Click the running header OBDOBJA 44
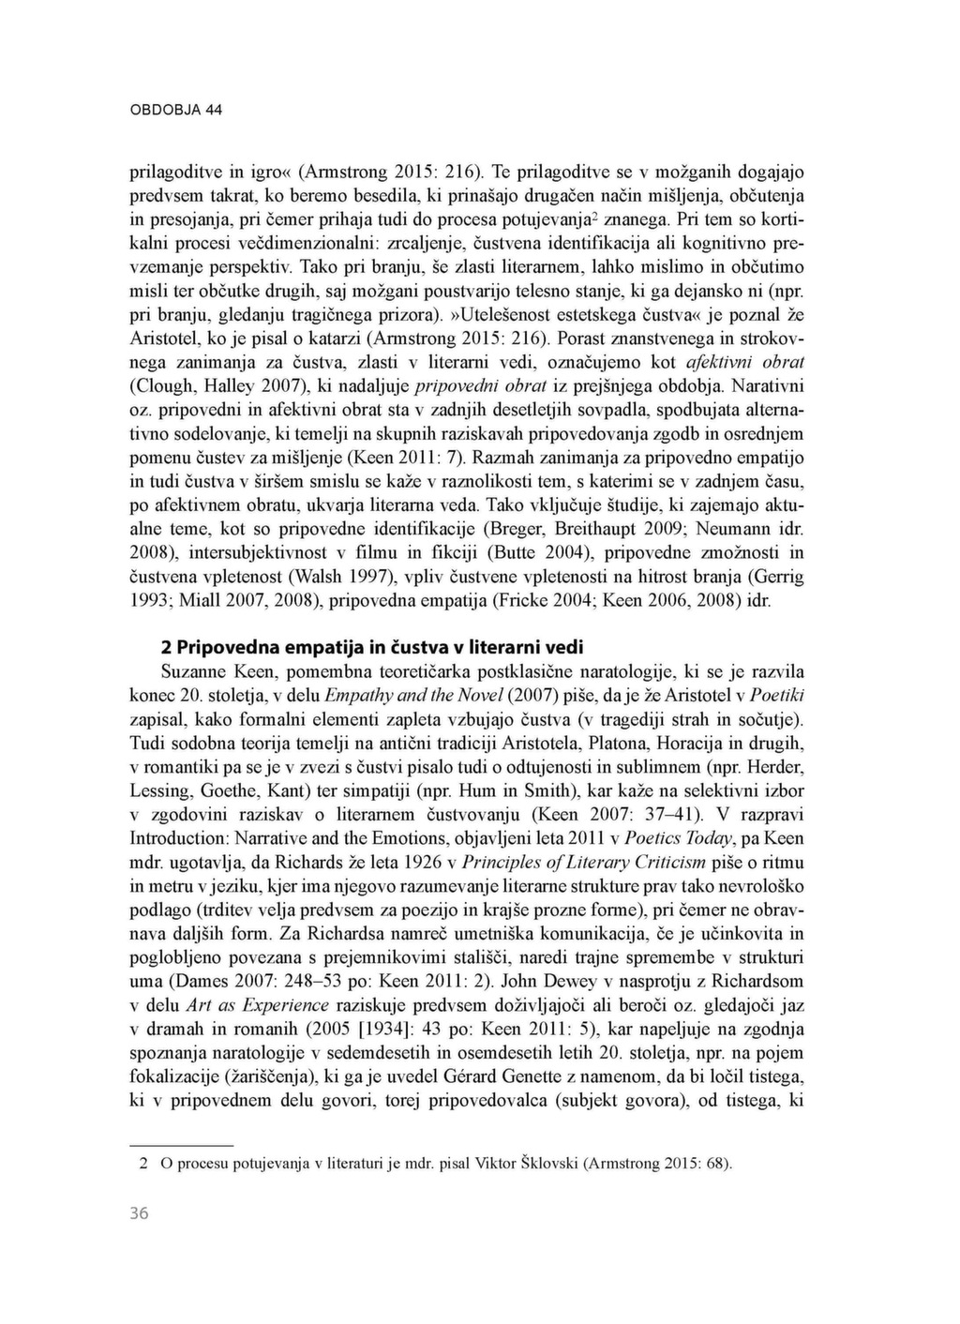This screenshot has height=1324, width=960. coord(175,110)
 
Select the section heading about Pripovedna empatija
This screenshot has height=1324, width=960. coord(372,647)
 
